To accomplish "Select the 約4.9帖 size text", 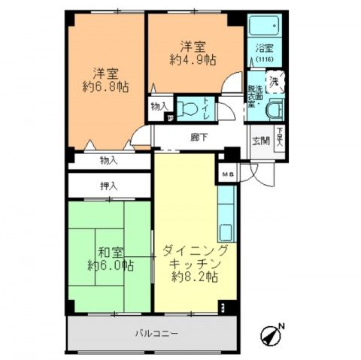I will [x=192, y=59].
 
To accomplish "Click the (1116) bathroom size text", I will [x=264, y=59].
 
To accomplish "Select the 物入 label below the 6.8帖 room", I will [x=108, y=159].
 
